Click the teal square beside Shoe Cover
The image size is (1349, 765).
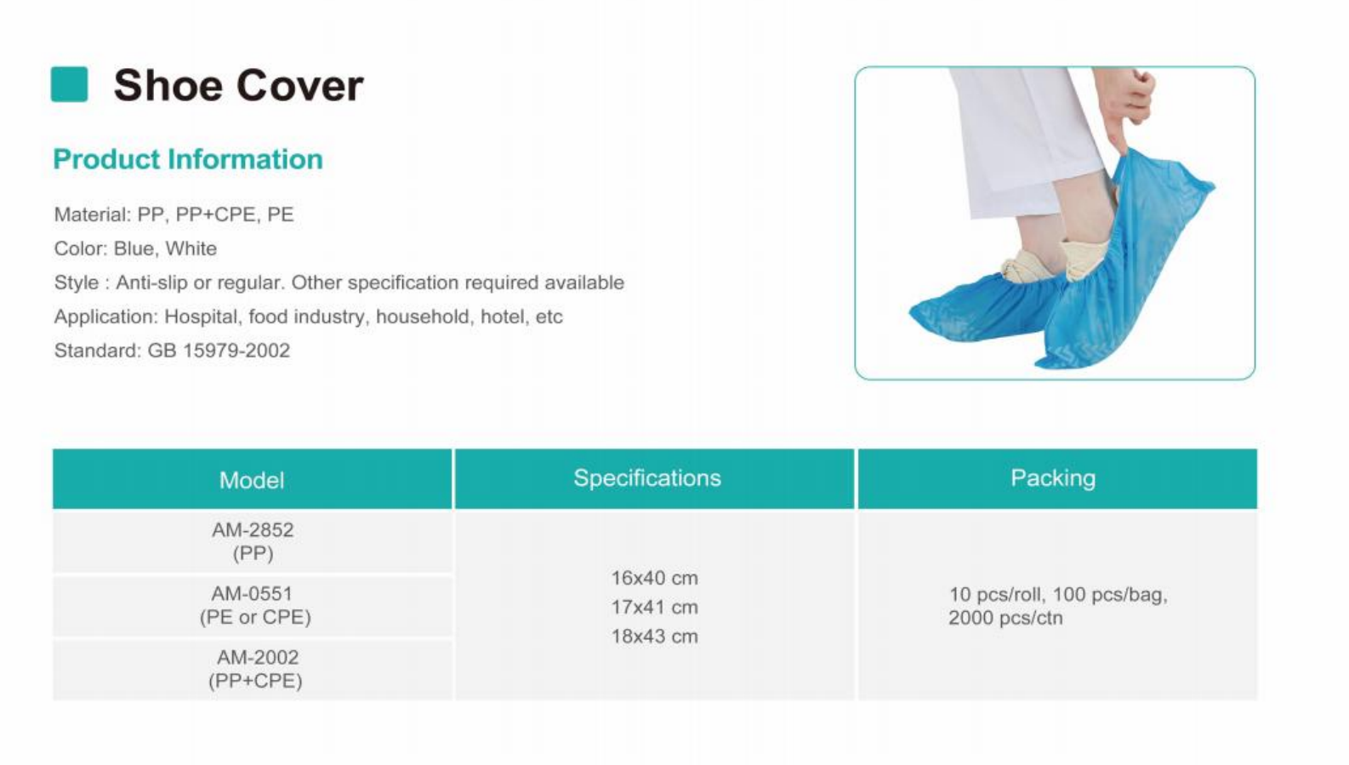click(69, 84)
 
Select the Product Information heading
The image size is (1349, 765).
click(188, 160)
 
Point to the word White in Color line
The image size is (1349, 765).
click(191, 248)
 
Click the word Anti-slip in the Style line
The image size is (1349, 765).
click(151, 283)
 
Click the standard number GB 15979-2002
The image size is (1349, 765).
click(219, 351)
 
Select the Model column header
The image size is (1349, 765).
click(252, 480)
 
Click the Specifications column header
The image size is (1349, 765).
click(647, 477)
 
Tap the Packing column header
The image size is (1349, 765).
click(1053, 477)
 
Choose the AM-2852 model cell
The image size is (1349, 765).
click(253, 541)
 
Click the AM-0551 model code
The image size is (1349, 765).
click(252, 593)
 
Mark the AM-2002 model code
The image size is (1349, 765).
click(258, 657)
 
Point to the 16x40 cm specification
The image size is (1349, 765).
click(655, 579)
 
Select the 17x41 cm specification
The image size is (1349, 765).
click(655, 608)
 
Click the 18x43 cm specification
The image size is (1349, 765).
click(655, 637)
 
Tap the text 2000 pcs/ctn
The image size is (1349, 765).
click(1005, 618)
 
